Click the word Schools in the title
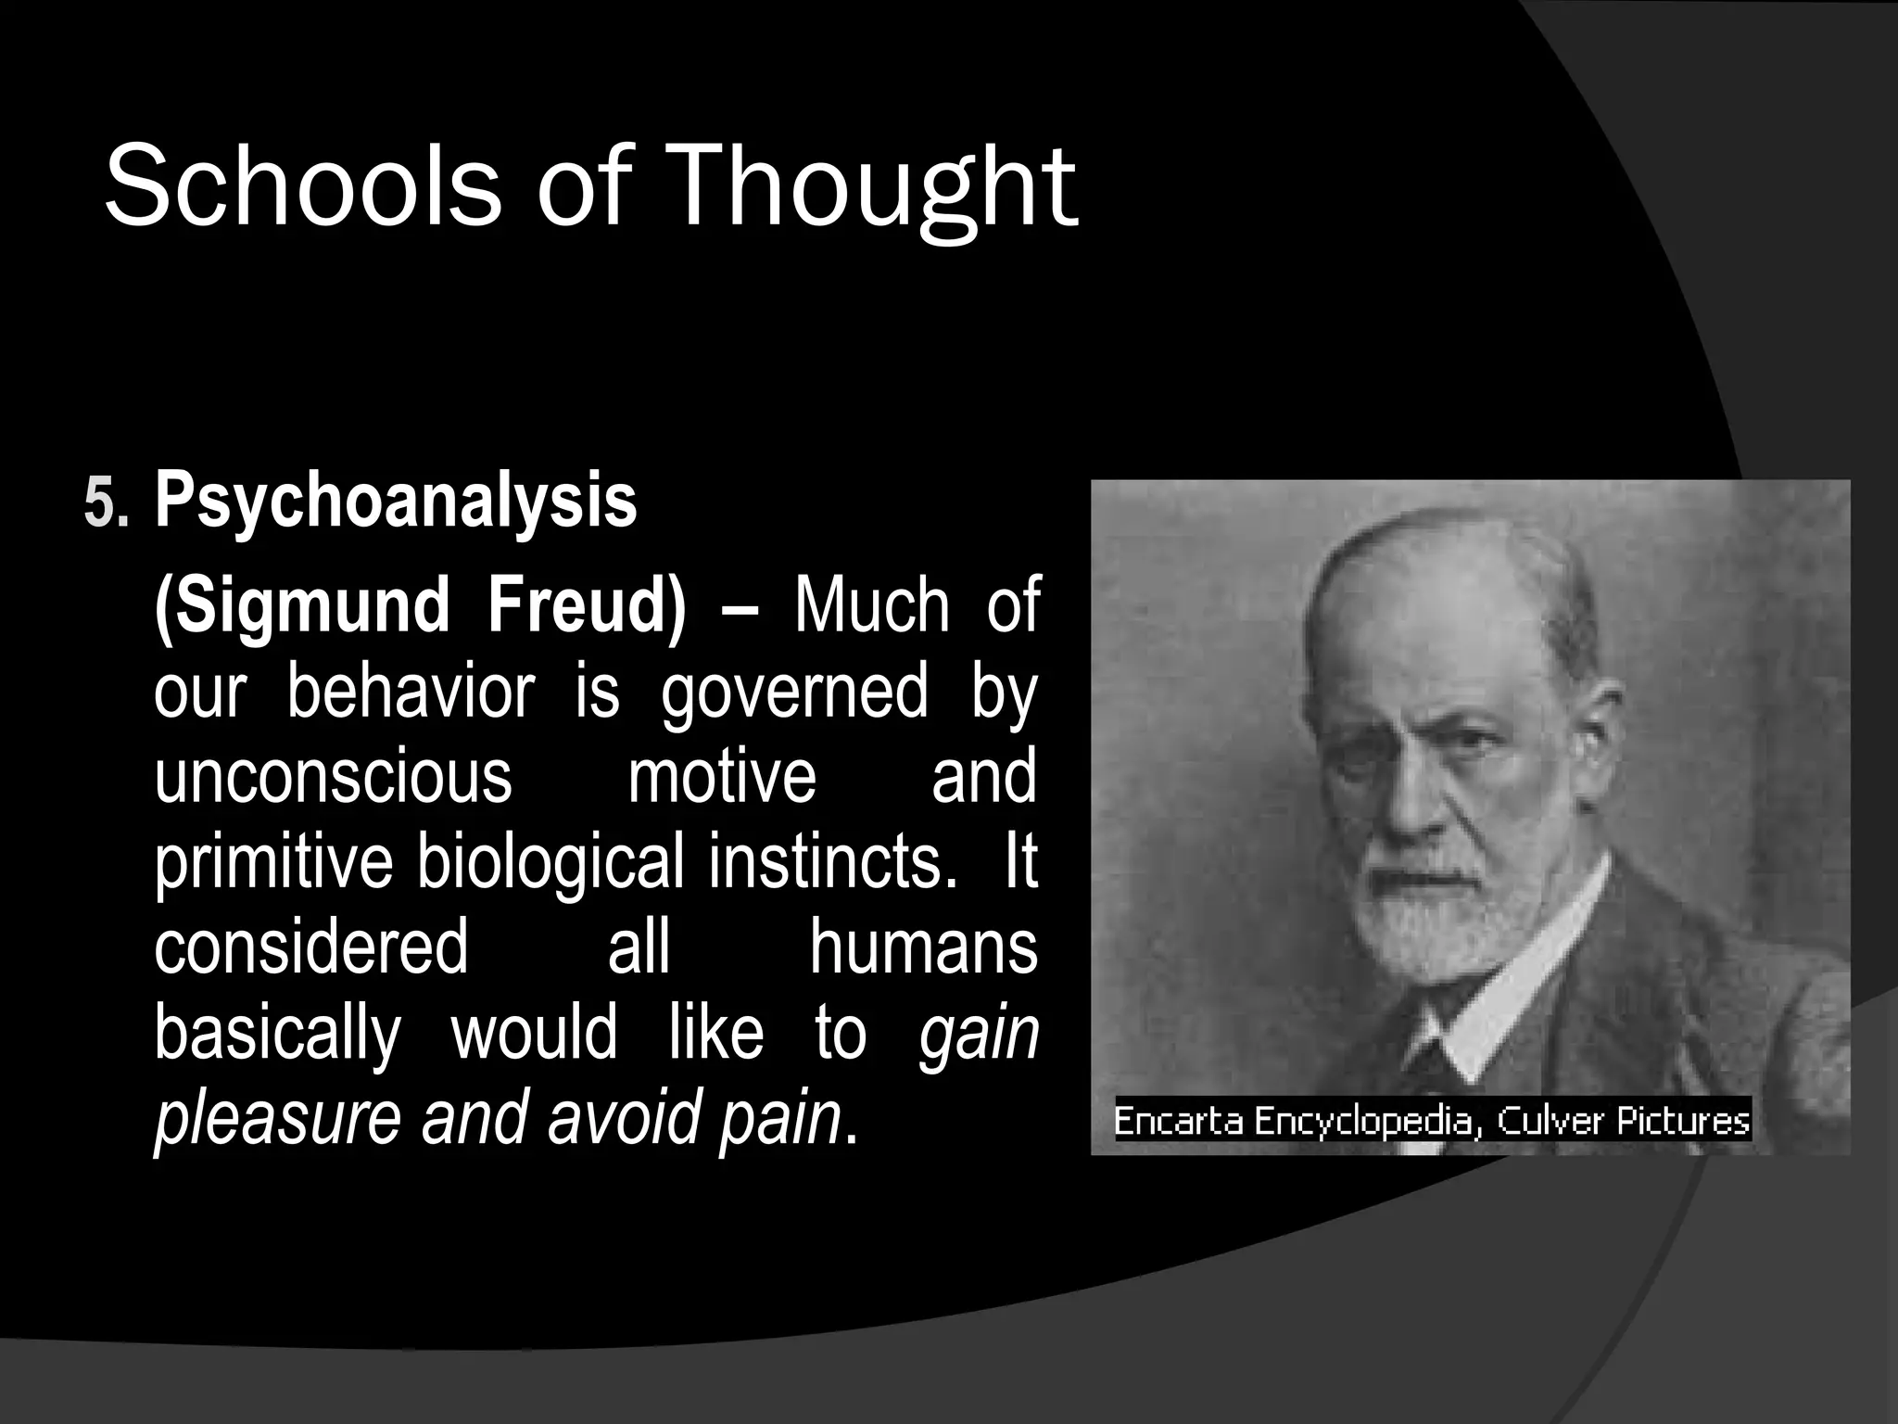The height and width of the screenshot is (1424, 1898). (x=301, y=185)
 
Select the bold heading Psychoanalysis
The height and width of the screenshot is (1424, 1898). (x=396, y=502)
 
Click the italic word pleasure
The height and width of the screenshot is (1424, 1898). (x=276, y=1118)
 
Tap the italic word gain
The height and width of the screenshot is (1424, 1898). (x=979, y=1033)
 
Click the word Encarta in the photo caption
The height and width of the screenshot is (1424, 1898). (x=1178, y=1122)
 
